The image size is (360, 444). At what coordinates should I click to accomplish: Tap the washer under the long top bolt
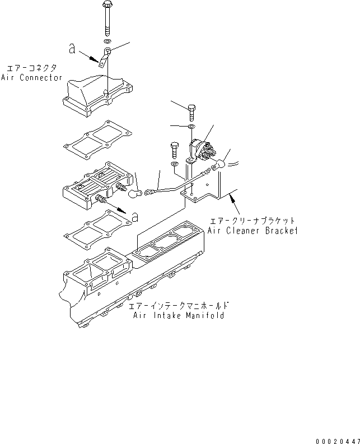pos(107,41)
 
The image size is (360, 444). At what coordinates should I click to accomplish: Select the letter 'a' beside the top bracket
pos(72,49)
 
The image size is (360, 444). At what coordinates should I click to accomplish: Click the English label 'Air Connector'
pos(31,78)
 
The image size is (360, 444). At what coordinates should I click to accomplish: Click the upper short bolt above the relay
pos(192,113)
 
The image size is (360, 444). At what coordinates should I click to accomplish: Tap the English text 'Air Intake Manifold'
pos(179,316)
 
